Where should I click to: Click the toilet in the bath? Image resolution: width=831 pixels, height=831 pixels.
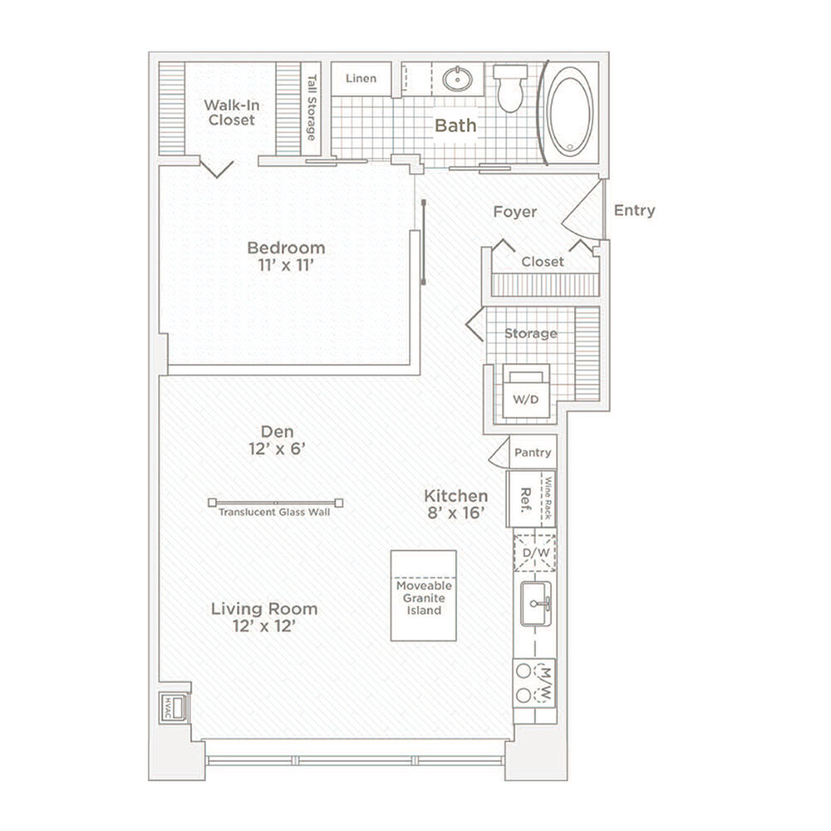(x=510, y=88)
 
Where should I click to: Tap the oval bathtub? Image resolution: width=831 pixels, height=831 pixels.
(x=570, y=112)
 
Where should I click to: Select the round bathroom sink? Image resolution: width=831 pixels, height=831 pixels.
(x=457, y=80)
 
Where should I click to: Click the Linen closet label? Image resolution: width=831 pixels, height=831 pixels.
(x=361, y=78)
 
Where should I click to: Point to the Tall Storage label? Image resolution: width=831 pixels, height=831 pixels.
(x=312, y=107)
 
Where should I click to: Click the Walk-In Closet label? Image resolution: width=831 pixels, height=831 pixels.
(x=232, y=112)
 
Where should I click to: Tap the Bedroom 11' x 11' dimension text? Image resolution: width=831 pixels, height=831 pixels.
(x=286, y=265)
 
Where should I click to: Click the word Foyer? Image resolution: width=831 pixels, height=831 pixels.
(x=515, y=212)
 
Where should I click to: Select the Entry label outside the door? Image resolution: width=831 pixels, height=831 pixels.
(x=634, y=210)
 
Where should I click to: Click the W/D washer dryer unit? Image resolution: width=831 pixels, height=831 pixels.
(x=526, y=393)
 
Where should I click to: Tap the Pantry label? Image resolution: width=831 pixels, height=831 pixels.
(x=533, y=453)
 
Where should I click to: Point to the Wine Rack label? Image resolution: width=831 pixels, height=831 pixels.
(x=548, y=498)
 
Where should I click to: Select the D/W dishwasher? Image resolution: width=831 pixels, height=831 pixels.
(x=535, y=553)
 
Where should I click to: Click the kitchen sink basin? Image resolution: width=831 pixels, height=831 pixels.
(x=536, y=603)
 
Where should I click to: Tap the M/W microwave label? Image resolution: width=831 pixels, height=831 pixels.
(x=546, y=684)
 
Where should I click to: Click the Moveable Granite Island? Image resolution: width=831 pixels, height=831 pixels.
(x=424, y=596)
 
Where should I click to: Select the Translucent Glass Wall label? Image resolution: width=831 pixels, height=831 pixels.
(x=274, y=513)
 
